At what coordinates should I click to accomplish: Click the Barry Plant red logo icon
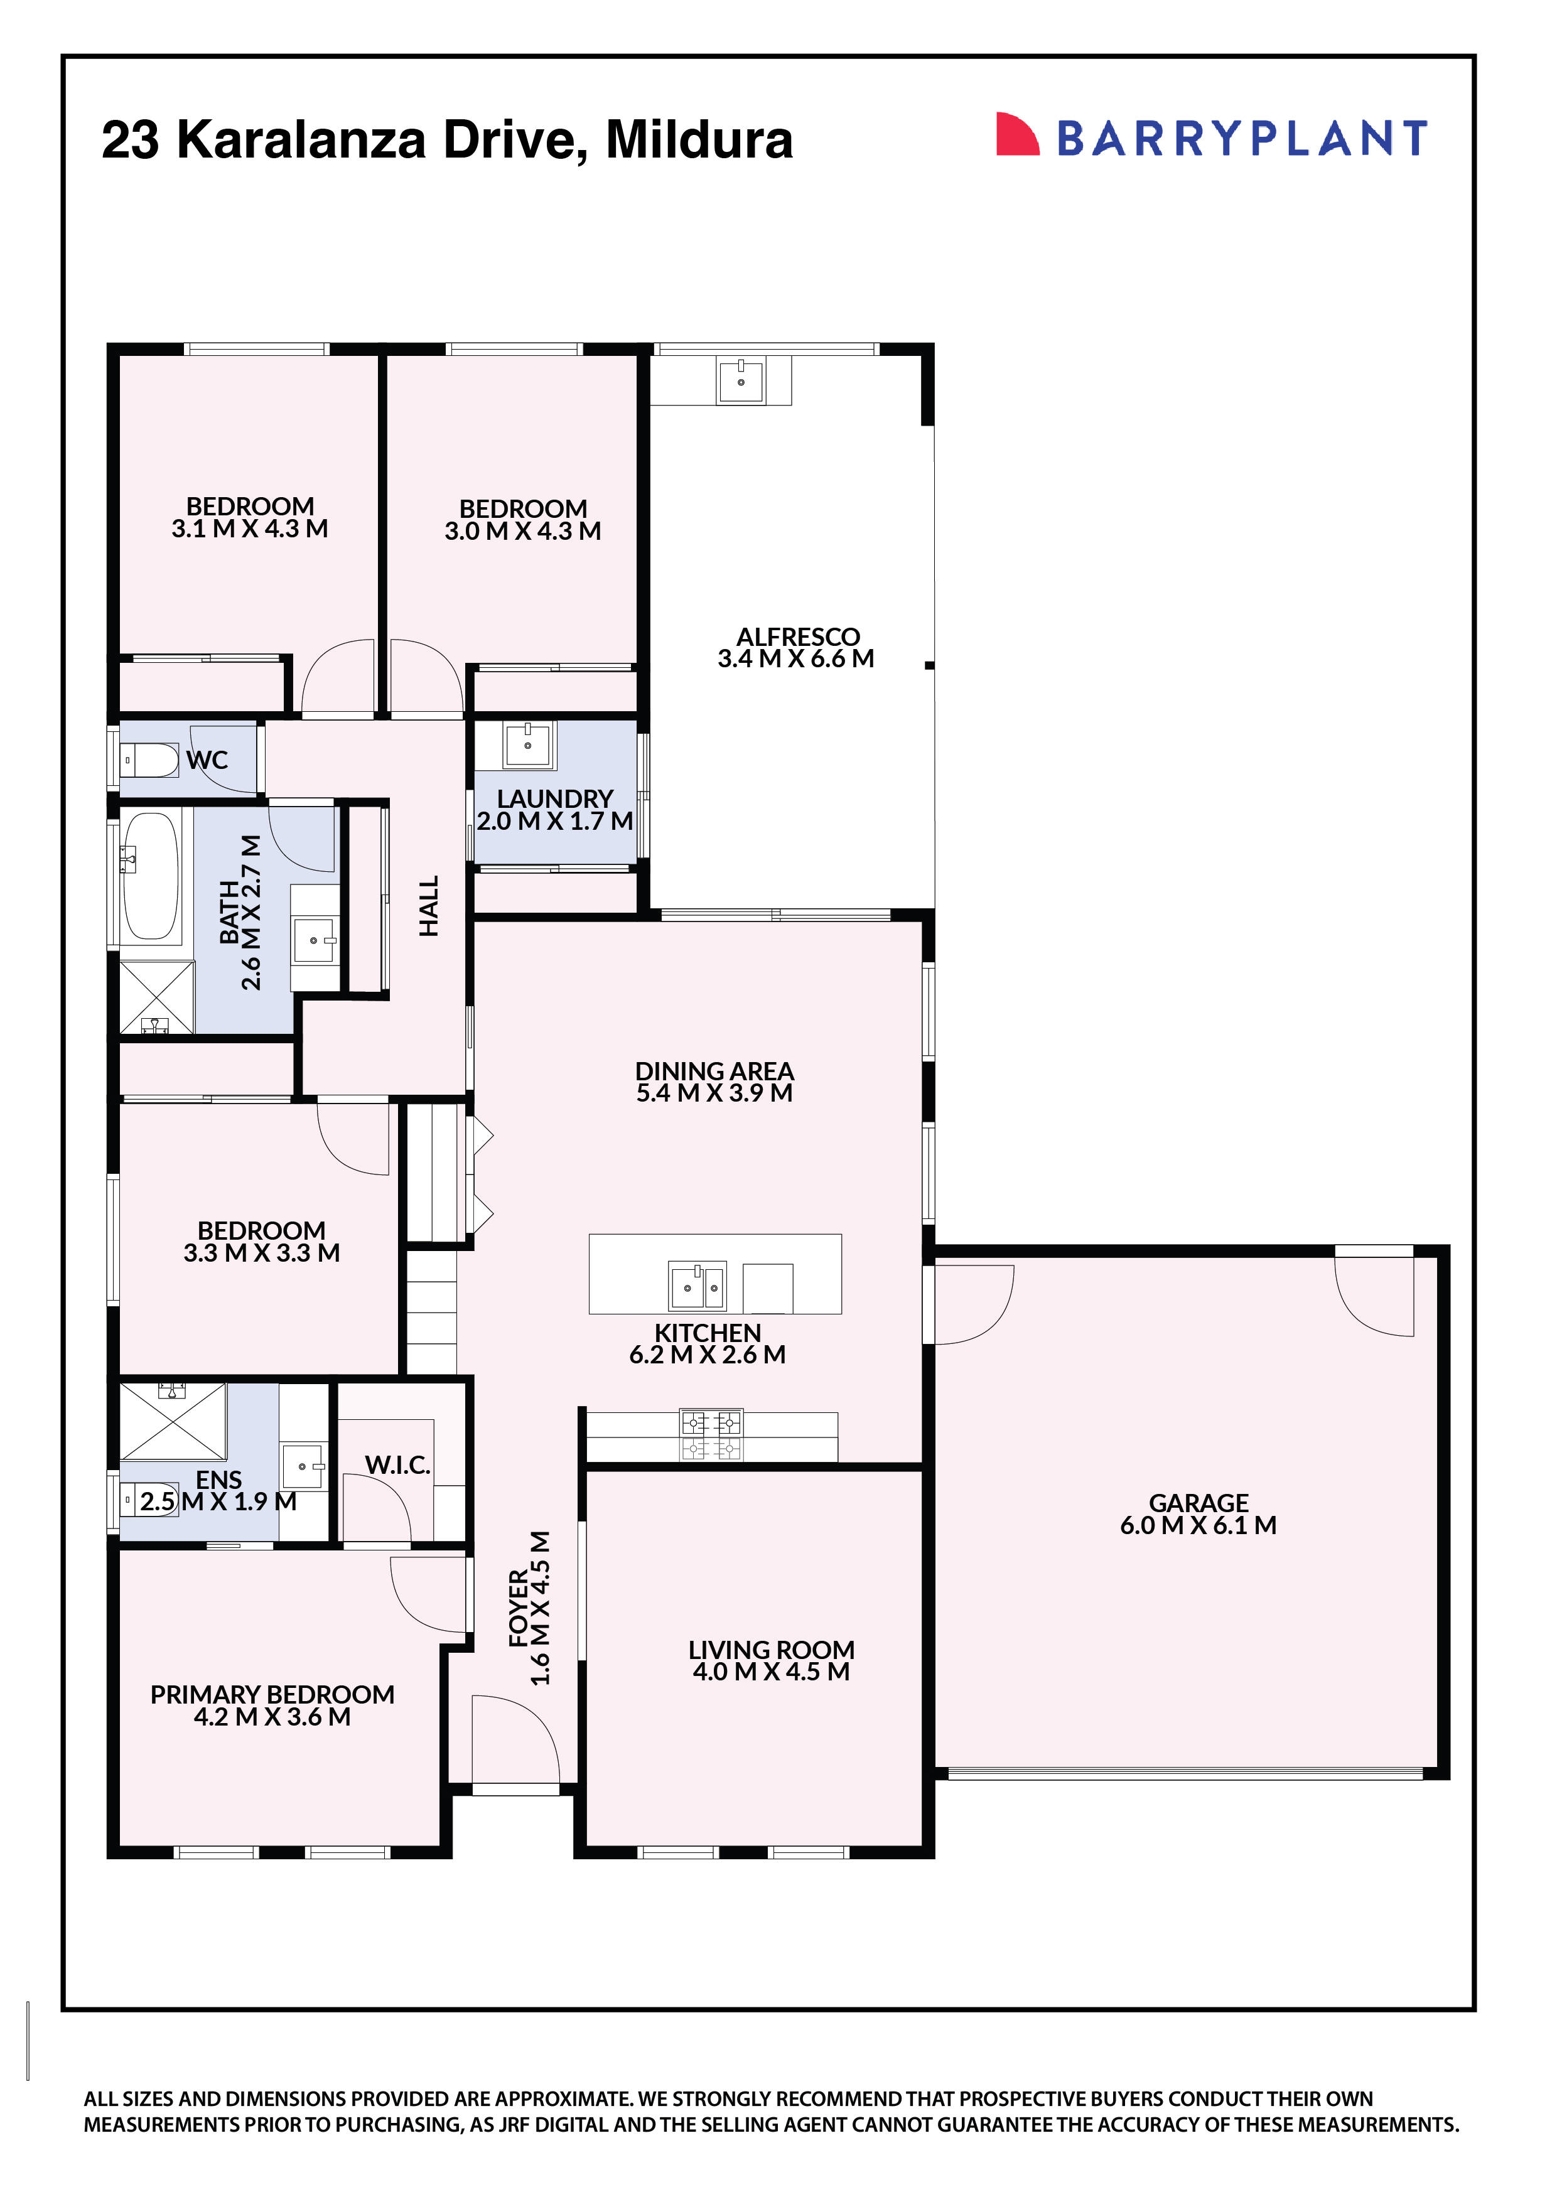coord(1018,135)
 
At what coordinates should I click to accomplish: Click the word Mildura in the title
coord(699,140)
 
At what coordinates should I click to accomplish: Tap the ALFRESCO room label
coord(798,637)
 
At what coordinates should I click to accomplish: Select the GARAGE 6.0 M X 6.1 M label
coord(1199,1515)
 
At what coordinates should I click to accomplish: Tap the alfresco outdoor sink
coord(741,381)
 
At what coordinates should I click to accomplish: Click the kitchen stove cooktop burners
coord(711,1436)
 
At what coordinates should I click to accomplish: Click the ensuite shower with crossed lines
coord(173,1421)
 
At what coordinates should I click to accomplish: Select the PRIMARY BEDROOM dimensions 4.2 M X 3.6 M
coord(272,1717)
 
